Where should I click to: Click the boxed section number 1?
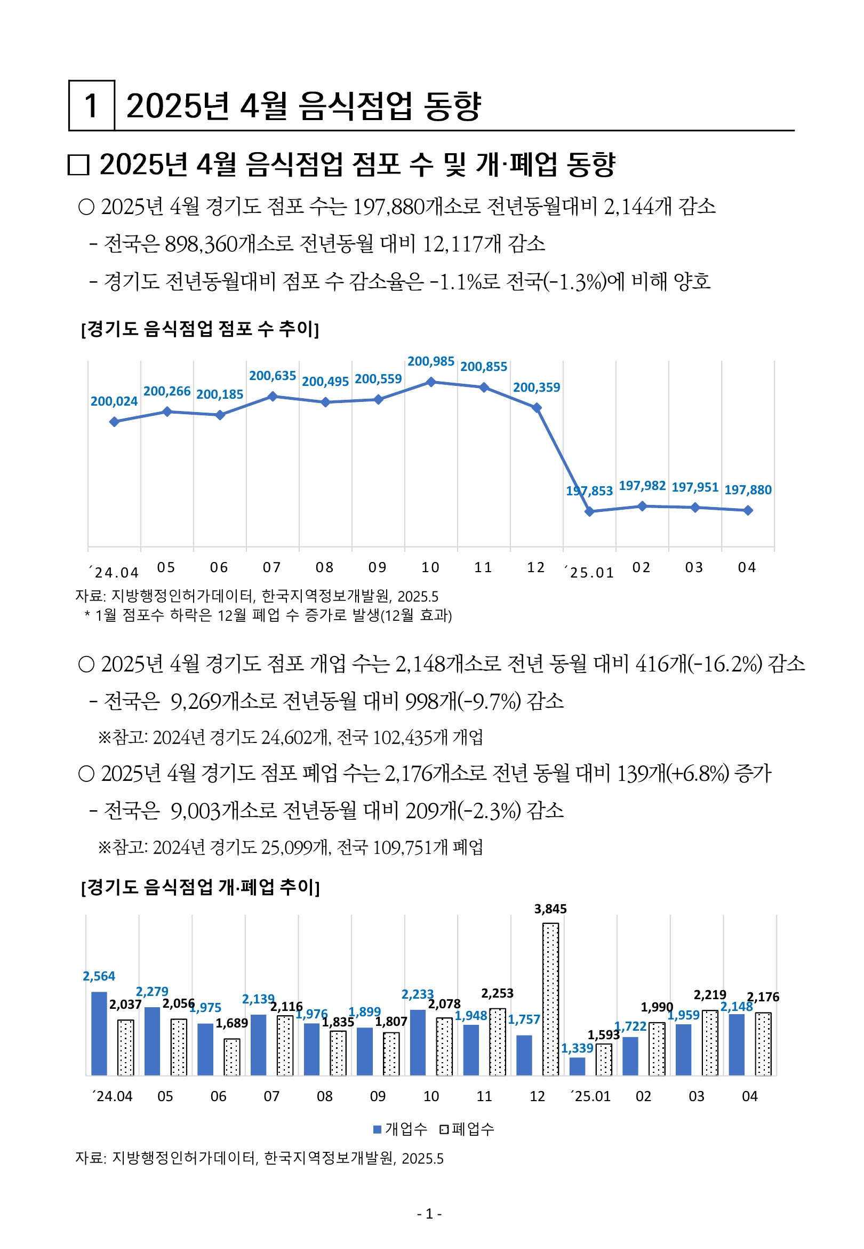click(x=91, y=106)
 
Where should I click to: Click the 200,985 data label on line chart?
click(x=430, y=361)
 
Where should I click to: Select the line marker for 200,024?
click(x=114, y=422)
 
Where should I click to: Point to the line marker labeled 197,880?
click(x=748, y=510)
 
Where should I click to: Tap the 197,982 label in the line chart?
click(x=642, y=485)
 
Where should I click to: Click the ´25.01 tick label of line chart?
click(x=589, y=573)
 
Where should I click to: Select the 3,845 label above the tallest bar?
click(x=550, y=909)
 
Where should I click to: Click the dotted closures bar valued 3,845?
click(x=550, y=999)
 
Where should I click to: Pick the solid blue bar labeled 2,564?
click(x=99, y=1033)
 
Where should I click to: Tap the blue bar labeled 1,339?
click(x=578, y=1066)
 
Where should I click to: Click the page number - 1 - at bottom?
click(x=430, y=1214)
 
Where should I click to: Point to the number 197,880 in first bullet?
click(x=388, y=207)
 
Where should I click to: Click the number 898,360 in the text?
click(x=201, y=244)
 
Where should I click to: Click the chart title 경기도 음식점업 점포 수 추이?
click(x=200, y=329)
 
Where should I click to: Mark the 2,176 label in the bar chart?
click(x=763, y=997)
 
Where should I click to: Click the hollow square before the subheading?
click(x=78, y=164)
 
